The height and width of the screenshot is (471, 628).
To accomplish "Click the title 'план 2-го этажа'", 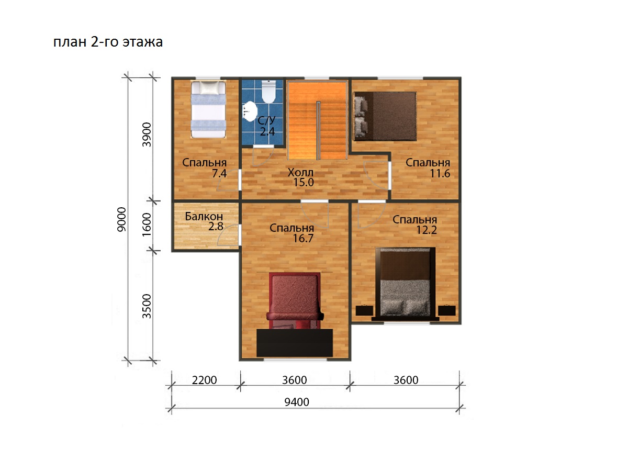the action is point(108,42).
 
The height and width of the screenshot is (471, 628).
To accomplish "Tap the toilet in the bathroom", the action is point(268,91).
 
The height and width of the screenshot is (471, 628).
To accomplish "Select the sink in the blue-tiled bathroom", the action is point(250,111).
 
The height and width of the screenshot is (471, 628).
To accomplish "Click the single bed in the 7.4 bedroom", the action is point(208,109).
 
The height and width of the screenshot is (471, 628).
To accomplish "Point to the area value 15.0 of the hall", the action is point(304,182).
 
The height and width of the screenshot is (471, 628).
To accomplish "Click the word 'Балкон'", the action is point(204,217).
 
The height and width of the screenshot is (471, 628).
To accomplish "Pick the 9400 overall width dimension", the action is point(297,402).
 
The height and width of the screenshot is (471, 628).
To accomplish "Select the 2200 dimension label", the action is point(204,380).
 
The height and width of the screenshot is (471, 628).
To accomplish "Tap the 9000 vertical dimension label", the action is point(121,219).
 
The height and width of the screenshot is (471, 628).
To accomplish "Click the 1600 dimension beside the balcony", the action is point(147,225).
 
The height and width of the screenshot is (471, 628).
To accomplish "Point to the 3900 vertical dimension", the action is point(147,134).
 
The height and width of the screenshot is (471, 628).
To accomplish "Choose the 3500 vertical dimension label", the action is point(147,306).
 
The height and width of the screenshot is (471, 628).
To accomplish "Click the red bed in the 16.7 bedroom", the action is point(295,315).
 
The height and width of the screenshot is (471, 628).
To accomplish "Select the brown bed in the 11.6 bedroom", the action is point(385,116).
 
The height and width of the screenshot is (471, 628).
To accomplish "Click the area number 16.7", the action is point(303,238).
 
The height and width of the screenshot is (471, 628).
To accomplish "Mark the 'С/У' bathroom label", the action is point(266,121).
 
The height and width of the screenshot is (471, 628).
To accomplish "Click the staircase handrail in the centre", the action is point(318,130).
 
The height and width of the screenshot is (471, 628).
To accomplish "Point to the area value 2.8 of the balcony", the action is point(216,227).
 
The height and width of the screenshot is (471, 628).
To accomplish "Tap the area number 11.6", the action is point(440,173).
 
